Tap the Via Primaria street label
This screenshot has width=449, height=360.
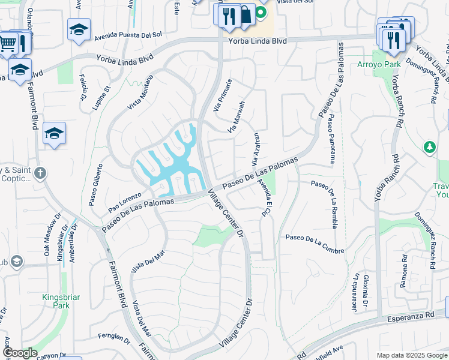pyautogui.click(x=221, y=95)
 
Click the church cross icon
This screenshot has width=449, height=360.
pyautogui.click(x=40, y=174)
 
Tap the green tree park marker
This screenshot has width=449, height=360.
pyautogui.click(x=430, y=147)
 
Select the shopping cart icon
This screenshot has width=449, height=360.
pyautogui.click(x=7, y=42)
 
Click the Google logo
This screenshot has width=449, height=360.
pyautogui.click(x=19, y=353)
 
